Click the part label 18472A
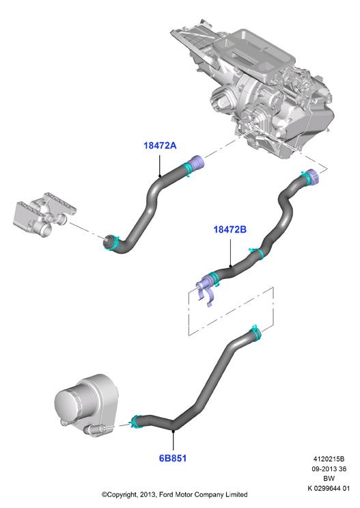pos(160,146)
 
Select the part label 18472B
pos(230,229)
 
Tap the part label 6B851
pos(173,458)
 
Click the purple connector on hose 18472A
pos(197,163)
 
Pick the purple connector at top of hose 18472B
pos(312,176)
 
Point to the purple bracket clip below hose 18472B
pos(205,291)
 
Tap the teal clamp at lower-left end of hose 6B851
pos(136,421)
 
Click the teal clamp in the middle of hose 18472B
pos(258,253)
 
